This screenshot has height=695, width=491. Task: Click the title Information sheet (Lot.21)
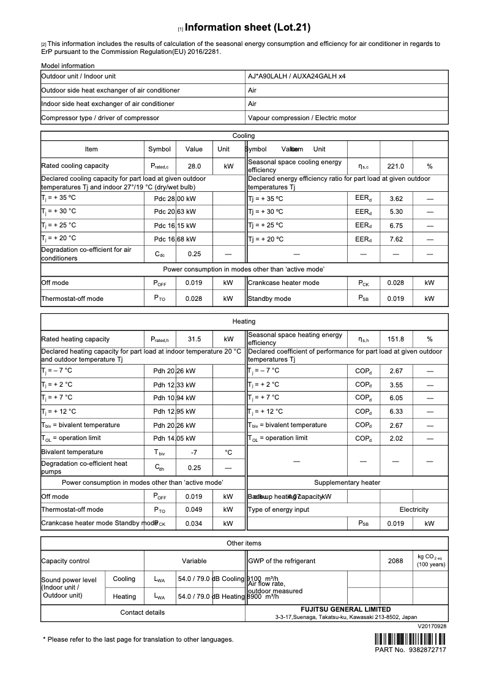[x=247, y=28]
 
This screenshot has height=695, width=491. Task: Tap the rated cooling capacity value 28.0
[x=194, y=166]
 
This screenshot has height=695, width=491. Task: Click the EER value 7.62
[x=396, y=239]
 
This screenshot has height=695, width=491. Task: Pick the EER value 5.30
[x=396, y=212]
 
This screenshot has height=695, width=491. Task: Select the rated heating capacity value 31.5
[x=194, y=339]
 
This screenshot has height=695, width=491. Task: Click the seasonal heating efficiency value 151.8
[x=396, y=339]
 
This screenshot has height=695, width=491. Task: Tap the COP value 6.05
[x=396, y=398]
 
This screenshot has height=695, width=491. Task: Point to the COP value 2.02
[x=396, y=438]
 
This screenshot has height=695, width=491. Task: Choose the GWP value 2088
[x=396, y=561]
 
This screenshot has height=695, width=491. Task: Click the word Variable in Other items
[x=194, y=561]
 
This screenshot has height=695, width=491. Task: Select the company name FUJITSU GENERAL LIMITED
[x=346, y=610]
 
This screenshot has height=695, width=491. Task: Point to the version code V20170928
[x=432, y=626]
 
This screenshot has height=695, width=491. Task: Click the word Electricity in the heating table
[x=414, y=510]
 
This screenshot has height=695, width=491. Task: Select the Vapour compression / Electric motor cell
[x=302, y=118]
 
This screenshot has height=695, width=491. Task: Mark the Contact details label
[x=142, y=612]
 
